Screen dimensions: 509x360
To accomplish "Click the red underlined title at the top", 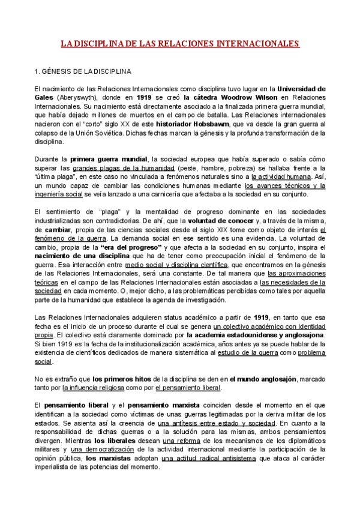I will coord(180,44).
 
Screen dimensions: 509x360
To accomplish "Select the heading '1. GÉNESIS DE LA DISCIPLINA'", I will coord(83,72).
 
